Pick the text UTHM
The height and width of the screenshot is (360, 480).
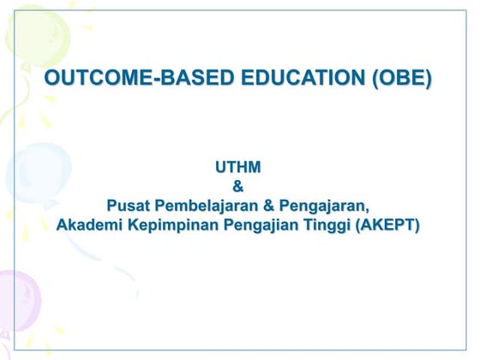237,168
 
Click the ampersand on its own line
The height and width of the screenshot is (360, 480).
237,187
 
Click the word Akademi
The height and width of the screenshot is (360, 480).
89,226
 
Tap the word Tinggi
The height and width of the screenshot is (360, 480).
319,226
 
